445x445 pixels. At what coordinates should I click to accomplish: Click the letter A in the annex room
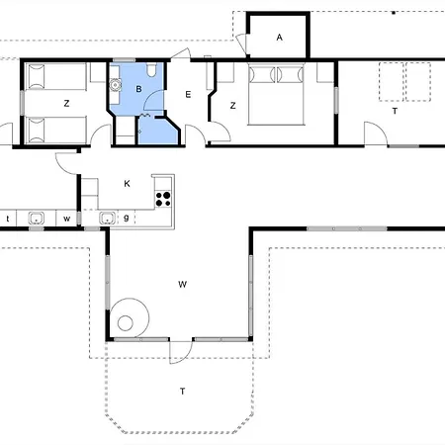click(279, 38)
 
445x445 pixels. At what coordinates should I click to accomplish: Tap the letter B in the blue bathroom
click(138, 89)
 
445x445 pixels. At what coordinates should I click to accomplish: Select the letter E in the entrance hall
click(188, 95)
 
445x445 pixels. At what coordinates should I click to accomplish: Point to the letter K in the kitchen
click(127, 184)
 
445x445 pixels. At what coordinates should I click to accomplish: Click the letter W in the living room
click(182, 284)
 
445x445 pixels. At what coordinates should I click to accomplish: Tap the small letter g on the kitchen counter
click(126, 218)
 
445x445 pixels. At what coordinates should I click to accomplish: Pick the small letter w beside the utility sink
click(66, 219)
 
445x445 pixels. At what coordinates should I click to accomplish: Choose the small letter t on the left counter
click(8, 219)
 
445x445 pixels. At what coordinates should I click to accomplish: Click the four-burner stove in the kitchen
click(163, 199)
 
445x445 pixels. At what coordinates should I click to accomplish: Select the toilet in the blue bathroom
click(151, 69)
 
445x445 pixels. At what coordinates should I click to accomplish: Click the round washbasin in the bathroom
click(115, 85)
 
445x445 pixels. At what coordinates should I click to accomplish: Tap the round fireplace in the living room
click(129, 317)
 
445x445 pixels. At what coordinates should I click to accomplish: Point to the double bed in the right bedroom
click(276, 95)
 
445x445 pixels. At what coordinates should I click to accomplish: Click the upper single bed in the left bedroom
click(56, 76)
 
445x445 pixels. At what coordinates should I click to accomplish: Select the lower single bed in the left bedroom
click(56, 130)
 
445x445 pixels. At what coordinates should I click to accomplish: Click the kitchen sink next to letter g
click(107, 218)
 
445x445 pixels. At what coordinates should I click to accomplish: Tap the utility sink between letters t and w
click(37, 218)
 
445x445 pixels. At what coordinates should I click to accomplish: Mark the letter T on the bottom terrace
click(182, 392)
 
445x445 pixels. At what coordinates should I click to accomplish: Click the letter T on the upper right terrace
click(395, 111)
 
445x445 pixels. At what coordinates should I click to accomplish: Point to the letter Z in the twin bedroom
click(66, 104)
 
